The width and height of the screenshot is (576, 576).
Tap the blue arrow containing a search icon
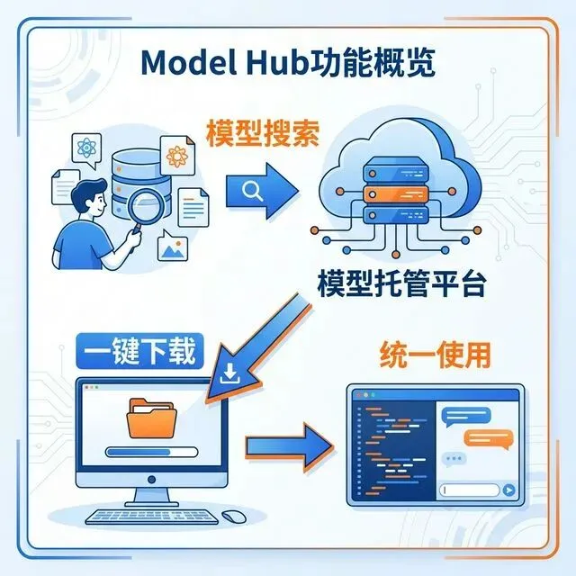(260, 188)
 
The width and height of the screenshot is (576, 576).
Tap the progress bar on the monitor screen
(150, 453)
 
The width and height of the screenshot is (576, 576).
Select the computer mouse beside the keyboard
(235, 517)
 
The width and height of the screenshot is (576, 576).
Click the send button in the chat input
(508, 490)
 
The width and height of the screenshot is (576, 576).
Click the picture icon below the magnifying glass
(175, 245)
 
